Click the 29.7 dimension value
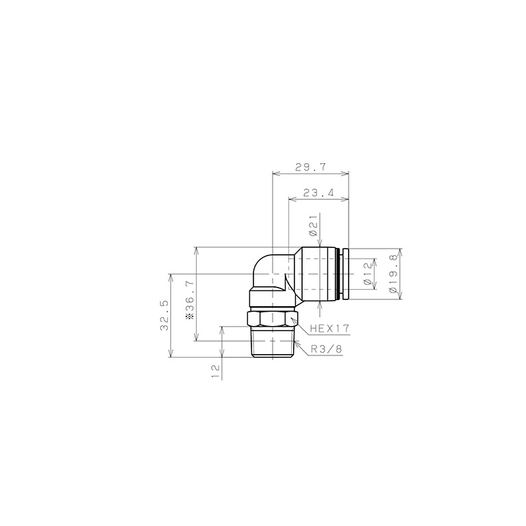(x=310, y=166)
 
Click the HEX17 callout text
(x=329, y=329)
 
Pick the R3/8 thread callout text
(x=325, y=349)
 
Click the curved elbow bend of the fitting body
(x=264, y=267)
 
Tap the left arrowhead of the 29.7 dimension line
(x=275, y=174)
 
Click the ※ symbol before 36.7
(x=189, y=319)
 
